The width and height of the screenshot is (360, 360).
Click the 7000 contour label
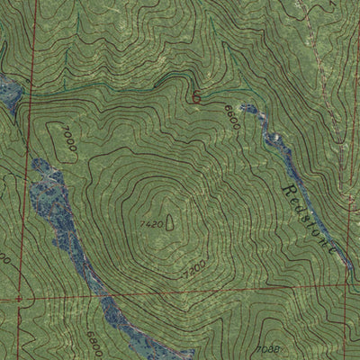pos(68,142)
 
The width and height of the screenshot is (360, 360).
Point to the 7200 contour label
pos(193,268)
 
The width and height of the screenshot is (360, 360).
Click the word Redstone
pos(310,222)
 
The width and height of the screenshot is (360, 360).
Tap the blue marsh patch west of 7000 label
pos(42,193)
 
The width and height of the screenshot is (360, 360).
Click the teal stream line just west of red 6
pos(171,87)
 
